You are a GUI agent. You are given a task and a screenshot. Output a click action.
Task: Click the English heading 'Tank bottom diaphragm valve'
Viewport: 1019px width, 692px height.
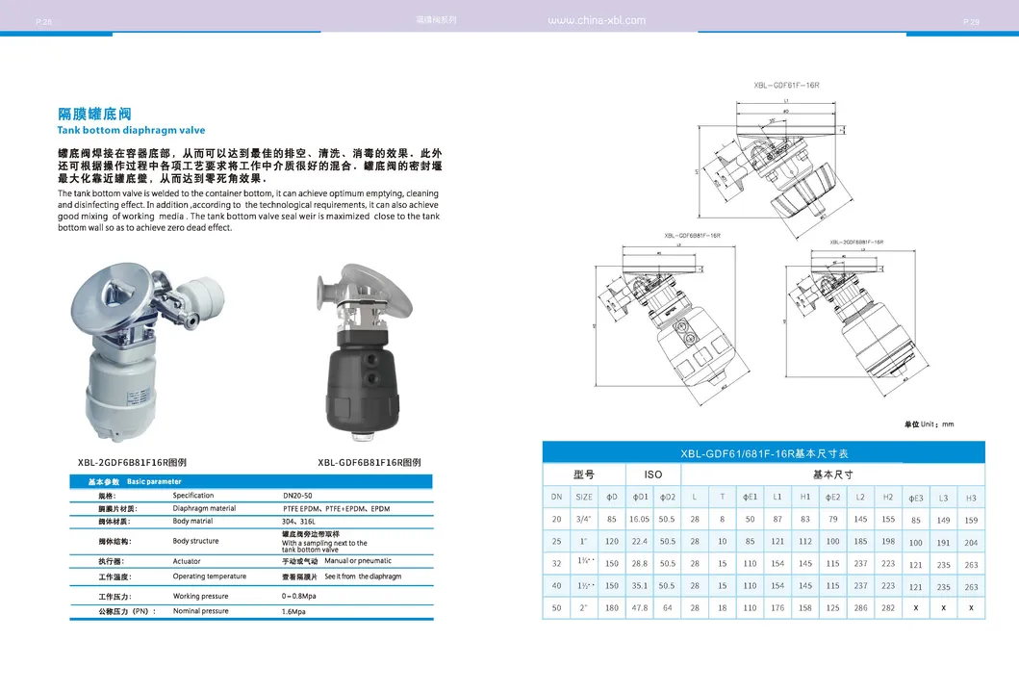click(x=131, y=130)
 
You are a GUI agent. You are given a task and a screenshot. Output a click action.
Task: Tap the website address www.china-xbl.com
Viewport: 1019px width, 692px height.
click(x=596, y=20)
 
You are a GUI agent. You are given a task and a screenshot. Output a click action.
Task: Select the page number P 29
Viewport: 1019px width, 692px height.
click(x=970, y=21)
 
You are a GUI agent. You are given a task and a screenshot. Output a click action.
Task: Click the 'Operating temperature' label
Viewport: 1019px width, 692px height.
click(x=209, y=577)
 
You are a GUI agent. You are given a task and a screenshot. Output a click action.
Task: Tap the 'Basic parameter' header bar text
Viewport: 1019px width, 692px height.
click(x=154, y=481)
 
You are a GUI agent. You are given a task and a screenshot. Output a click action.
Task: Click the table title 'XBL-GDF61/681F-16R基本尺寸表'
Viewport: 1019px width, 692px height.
click(x=764, y=453)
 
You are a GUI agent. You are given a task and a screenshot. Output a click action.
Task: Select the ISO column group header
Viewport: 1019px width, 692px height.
click(x=652, y=474)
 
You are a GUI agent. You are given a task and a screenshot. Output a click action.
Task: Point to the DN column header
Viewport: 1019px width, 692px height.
click(x=556, y=497)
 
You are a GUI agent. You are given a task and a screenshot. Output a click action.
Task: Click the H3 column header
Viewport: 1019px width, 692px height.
click(x=971, y=498)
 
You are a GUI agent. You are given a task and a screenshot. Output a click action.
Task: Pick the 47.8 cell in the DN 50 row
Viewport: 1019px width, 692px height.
click(x=639, y=607)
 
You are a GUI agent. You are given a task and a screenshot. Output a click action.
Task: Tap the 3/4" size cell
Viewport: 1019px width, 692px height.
click(x=584, y=520)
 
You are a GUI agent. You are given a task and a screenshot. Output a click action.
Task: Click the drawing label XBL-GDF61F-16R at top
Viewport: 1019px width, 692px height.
click(x=786, y=86)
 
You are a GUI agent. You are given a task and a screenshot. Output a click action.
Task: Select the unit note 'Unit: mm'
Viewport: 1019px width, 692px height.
click(x=929, y=424)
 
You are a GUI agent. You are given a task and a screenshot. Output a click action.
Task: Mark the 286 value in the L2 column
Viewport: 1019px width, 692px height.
click(x=860, y=607)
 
